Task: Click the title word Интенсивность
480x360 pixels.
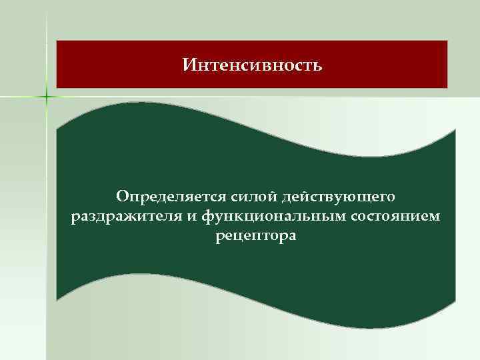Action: pyautogui.click(x=252, y=65)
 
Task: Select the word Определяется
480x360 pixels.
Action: pyautogui.click(x=171, y=197)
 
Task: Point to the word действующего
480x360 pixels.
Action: pyautogui.click(x=339, y=197)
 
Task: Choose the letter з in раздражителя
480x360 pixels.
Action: pyautogui.click(x=99, y=217)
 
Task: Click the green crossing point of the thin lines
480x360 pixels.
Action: pyautogui.click(x=47, y=97)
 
